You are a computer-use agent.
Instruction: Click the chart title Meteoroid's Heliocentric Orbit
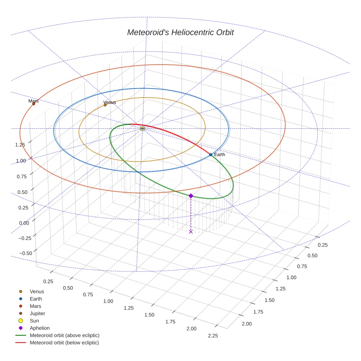pyautogui.click(x=180, y=32)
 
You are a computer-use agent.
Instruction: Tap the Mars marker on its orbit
pyautogui.click(x=33, y=104)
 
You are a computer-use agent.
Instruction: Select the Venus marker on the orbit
pyautogui.click(x=105, y=105)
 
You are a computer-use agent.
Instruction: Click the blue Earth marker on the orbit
pyautogui.click(x=211, y=155)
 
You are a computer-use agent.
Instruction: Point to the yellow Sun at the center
pyautogui.click(x=142, y=128)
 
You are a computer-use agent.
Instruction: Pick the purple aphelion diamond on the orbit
pyautogui.click(x=191, y=196)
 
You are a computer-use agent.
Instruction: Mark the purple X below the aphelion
pyautogui.click(x=191, y=231)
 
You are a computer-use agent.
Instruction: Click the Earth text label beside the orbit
pyautogui.click(x=219, y=154)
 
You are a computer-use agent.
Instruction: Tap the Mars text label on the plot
pyautogui.click(x=33, y=101)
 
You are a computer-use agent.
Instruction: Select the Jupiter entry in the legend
pyautogui.click(x=37, y=313)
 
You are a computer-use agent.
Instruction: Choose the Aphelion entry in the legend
pyautogui.click(x=40, y=328)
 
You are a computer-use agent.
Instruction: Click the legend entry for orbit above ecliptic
pyautogui.click(x=64, y=335)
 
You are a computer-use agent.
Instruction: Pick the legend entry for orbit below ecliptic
pyautogui.click(x=64, y=343)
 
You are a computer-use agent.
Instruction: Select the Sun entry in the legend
pyautogui.click(x=34, y=321)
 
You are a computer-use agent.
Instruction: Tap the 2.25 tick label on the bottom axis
pyautogui.click(x=212, y=336)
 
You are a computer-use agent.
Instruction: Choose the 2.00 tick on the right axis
pyautogui.click(x=246, y=324)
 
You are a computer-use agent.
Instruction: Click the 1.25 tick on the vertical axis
pyautogui.click(x=20, y=145)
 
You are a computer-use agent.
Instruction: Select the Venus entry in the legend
pyautogui.click(x=37, y=291)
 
